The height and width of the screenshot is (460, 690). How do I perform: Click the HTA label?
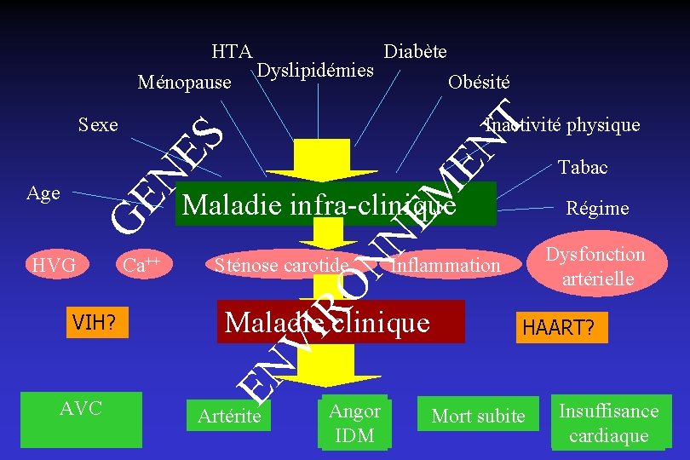(x=230, y=51)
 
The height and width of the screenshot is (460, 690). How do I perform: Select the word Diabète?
(x=415, y=51)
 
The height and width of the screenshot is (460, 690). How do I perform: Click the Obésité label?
(x=478, y=82)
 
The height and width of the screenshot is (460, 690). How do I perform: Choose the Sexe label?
(x=97, y=124)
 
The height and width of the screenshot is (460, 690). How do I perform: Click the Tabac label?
(x=583, y=167)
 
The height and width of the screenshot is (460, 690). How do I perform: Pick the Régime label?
(x=597, y=208)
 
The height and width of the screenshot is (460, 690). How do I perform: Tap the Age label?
(x=43, y=193)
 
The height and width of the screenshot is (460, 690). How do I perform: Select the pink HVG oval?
(x=54, y=265)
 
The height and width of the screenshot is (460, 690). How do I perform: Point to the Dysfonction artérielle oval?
(x=595, y=266)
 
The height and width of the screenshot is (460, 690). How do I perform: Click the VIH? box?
(x=95, y=322)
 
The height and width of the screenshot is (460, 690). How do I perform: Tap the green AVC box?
(x=81, y=418)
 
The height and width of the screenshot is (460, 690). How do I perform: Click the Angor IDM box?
(x=354, y=423)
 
